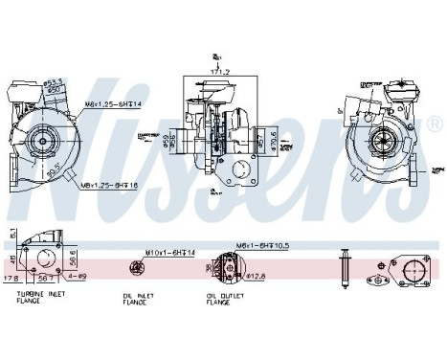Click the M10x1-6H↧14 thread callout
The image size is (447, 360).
click(169, 253)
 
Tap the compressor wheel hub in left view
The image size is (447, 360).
click(44, 141)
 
